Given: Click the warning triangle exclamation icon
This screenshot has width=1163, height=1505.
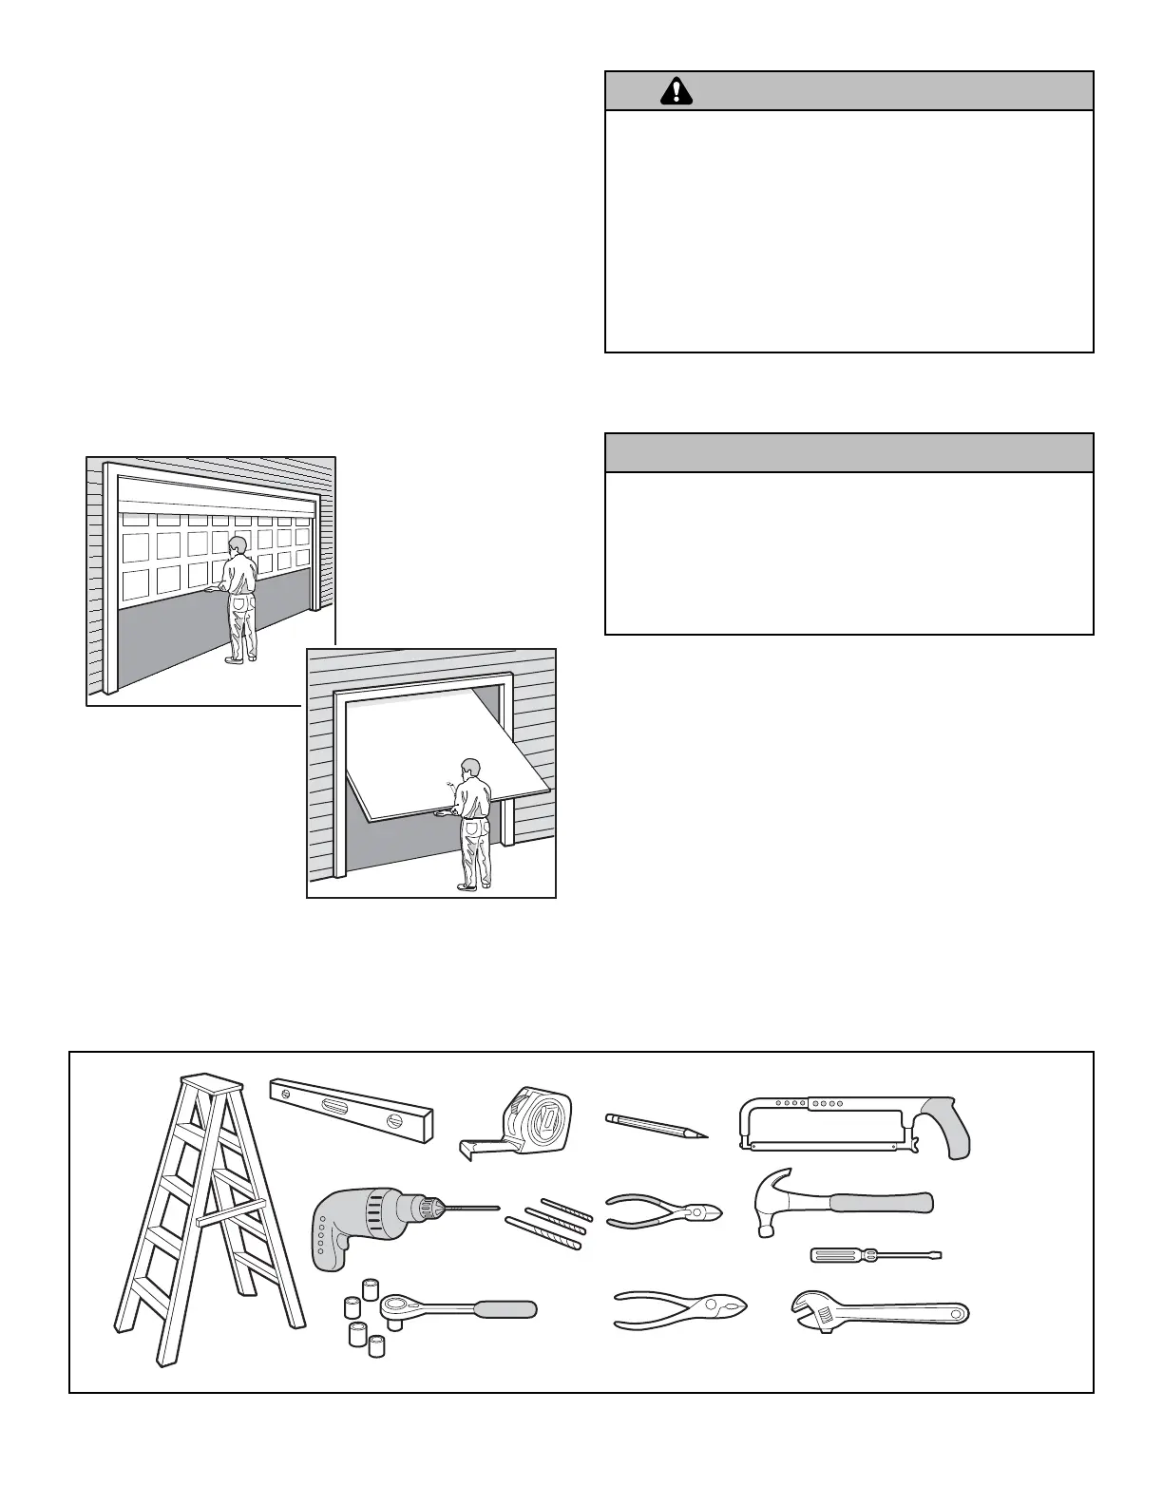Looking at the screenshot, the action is (x=677, y=90).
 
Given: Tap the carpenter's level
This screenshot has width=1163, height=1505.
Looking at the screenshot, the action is (x=352, y=1110).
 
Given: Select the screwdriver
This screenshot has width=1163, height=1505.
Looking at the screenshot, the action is (x=874, y=1255).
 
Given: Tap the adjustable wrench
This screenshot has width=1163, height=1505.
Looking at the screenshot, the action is (x=879, y=1314).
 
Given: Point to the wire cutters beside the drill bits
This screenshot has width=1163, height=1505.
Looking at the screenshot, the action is (x=665, y=1209).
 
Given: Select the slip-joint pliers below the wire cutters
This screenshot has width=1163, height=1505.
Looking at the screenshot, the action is (x=679, y=1309).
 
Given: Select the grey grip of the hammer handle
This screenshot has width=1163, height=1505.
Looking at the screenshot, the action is (x=879, y=1203).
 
